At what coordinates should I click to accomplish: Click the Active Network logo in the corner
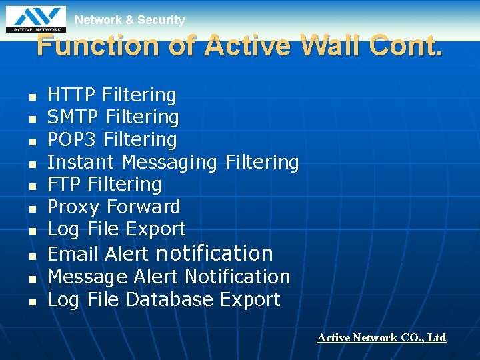(x=36, y=19)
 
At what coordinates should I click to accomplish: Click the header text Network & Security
(x=129, y=20)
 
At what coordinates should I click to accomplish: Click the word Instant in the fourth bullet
(x=82, y=162)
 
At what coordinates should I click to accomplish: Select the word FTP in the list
(x=65, y=184)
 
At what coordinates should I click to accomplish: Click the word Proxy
(x=74, y=207)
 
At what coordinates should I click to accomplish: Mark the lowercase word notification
(x=214, y=253)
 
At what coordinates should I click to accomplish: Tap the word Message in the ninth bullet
(x=87, y=277)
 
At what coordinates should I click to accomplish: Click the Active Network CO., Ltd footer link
(x=381, y=338)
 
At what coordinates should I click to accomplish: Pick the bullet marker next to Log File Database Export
(x=31, y=301)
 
